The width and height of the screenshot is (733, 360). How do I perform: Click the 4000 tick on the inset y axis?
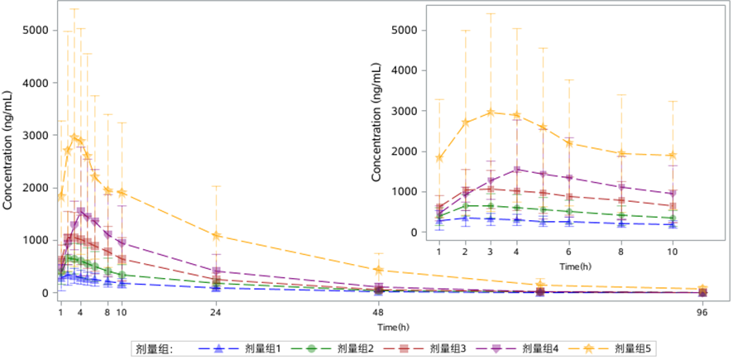(x=405, y=70)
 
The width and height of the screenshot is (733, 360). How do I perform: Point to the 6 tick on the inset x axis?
(x=568, y=251)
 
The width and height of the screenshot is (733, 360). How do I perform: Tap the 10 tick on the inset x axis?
(x=673, y=251)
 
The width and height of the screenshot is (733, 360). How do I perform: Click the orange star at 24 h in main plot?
(x=216, y=236)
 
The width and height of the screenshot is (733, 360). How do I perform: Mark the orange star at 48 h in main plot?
(x=378, y=270)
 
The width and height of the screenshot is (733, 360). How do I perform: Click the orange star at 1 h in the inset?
(x=438, y=158)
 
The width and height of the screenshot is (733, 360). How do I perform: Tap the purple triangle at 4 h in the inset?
(x=516, y=170)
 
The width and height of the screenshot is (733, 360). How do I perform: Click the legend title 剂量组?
(x=155, y=349)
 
